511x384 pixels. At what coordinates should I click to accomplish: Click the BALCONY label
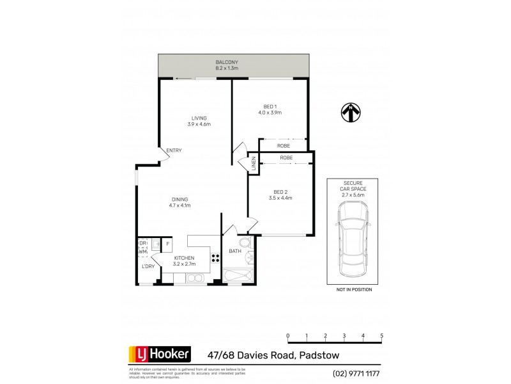(x=227, y=61)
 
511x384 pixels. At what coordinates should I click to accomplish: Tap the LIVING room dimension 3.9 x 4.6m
(x=199, y=124)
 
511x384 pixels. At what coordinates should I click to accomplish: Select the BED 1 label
(x=270, y=106)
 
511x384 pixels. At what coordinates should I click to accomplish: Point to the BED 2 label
(x=280, y=191)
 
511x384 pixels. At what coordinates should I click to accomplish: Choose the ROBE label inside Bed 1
(x=284, y=146)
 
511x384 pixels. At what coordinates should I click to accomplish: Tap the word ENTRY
(x=174, y=150)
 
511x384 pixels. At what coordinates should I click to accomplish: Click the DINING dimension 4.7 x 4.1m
(x=179, y=205)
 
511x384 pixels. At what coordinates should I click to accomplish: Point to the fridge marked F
(x=168, y=243)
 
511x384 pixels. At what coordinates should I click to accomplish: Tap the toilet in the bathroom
(x=245, y=243)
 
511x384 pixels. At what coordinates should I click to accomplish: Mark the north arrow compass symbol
(x=349, y=113)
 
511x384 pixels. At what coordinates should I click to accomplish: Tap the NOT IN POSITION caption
(x=353, y=290)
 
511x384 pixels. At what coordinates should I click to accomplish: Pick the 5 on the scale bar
(x=381, y=336)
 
